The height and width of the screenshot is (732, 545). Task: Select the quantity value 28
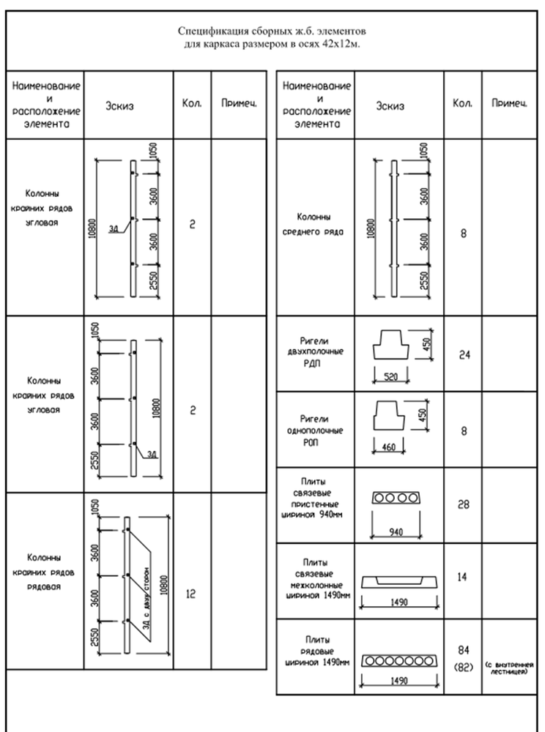463,504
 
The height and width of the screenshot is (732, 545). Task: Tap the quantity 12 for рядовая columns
189,594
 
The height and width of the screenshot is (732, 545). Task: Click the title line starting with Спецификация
272,32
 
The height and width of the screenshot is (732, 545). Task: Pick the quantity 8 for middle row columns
463,235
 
